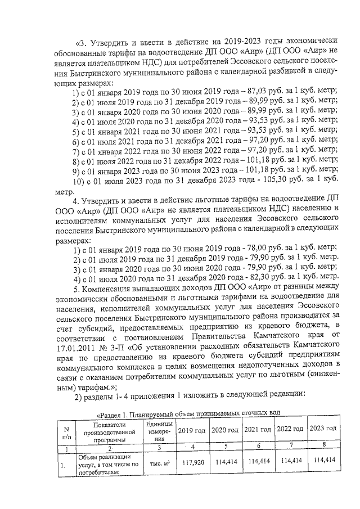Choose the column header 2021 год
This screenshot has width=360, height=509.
point(258,429)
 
